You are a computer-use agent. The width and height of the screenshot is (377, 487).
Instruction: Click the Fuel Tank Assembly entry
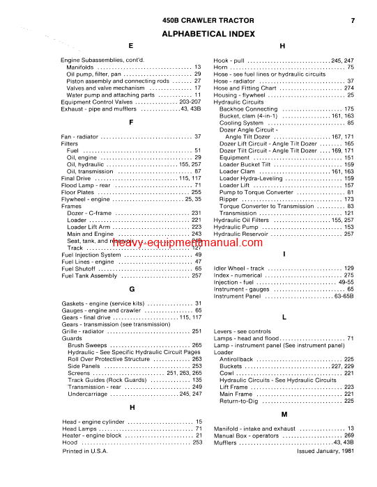pyautogui.click(x=89, y=276)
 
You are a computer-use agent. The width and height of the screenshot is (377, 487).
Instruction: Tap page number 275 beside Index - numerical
pyautogui.click(x=348, y=276)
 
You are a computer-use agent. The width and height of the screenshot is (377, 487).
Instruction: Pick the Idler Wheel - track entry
pyautogui.click(x=239, y=269)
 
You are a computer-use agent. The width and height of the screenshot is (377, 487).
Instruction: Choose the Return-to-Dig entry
pyautogui.click(x=241, y=401)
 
